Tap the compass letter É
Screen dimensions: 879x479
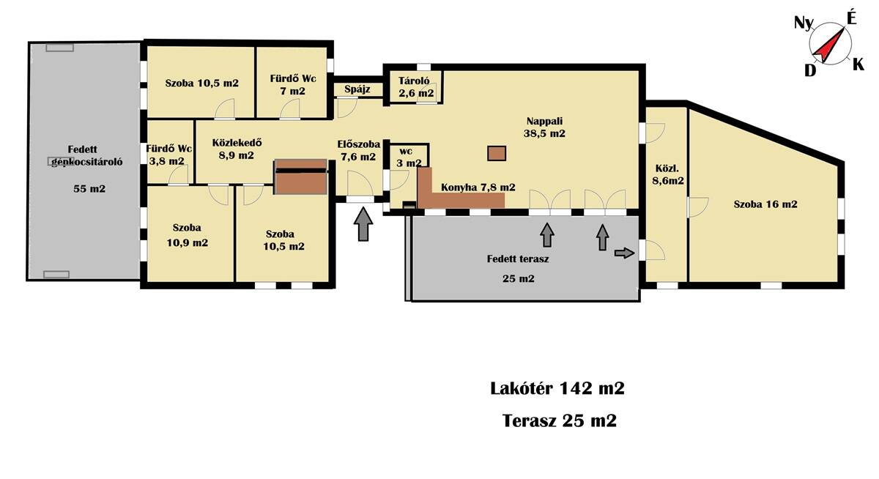(850, 18)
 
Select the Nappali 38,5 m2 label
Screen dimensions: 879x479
(544, 127)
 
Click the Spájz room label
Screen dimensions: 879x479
(357, 89)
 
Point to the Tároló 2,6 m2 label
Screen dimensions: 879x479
(416, 86)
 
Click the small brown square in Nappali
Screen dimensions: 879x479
(497, 153)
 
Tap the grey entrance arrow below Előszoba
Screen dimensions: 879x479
(363, 224)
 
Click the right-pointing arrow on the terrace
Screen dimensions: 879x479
(624, 253)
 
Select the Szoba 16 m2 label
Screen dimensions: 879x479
(765, 204)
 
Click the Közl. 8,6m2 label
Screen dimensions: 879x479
(668, 174)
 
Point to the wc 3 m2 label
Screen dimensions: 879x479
(409, 157)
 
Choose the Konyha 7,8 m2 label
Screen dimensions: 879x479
(478, 187)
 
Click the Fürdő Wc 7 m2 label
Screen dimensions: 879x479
(293, 85)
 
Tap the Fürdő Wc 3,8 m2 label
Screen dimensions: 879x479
(168, 155)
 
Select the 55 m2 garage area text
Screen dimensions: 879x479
(89, 189)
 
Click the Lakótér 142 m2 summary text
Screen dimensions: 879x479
(557, 388)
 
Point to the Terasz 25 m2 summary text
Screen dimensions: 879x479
(559, 421)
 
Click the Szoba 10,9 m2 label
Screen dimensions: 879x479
(188, 235)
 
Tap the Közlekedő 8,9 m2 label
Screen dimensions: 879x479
(237, 149)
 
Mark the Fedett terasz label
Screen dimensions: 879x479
(518, 259)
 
